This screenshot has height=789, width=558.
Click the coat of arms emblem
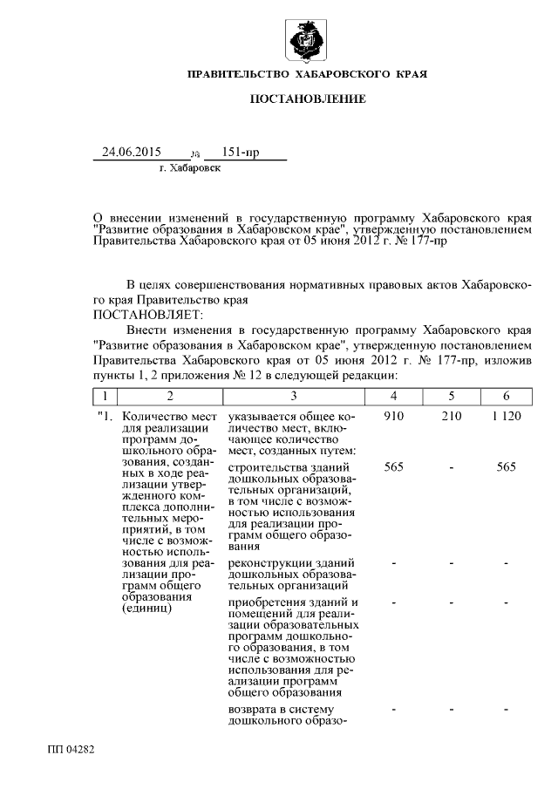tap(307, 41)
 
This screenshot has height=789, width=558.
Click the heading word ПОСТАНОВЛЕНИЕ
tap(308, 100)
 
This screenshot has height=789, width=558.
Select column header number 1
tap(105, 396)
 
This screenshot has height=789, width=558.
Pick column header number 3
tap(294, 396)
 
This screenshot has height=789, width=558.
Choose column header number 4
tap(393, 396)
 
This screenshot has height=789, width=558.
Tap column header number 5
tap(450, 396)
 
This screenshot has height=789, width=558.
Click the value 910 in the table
tap(393, 417)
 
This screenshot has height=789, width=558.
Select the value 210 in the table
tap(450, 417)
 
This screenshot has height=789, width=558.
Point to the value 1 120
tap(506, 417)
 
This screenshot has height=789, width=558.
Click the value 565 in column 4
tap(393, 467)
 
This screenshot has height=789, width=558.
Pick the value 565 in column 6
tap(506, 467)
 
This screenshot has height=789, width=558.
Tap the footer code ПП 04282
tap(71, 749)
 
